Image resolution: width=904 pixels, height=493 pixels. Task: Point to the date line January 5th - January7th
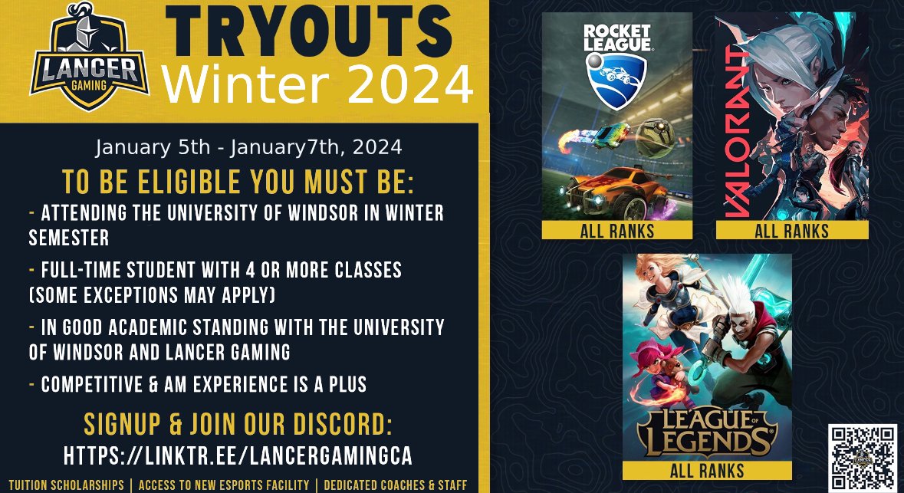click(248, 146)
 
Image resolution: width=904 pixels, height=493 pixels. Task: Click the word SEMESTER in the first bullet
click(69, 238)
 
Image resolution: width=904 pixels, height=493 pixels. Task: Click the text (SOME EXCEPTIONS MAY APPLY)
click(152, 294)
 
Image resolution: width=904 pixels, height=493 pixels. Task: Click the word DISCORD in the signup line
click(343, 426)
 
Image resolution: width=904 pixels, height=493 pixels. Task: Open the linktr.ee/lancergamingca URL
click(238, 455)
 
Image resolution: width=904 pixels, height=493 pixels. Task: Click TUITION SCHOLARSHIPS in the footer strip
click(66, 485)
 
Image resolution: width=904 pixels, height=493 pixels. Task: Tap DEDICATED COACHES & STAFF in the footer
click(396, 485)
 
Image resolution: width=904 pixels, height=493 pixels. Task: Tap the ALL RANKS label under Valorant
click(791, 230)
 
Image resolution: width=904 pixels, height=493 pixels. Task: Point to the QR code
click(863, 457)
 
